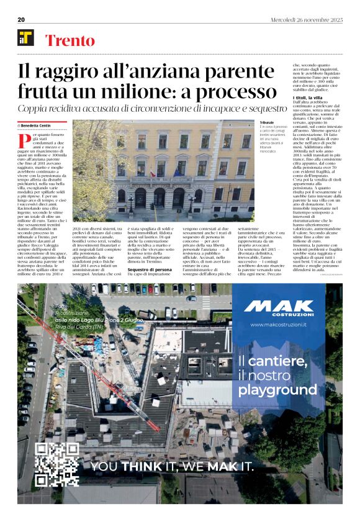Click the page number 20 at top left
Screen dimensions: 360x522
click(x=21, y=19)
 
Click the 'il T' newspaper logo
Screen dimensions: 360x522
click(x=25, y=38)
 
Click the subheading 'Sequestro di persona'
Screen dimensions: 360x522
click(x=149, y=270)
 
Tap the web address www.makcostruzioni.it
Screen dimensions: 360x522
click(x=279, y=325)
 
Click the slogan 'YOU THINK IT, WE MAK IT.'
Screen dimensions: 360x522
click(x=173, y=466)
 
